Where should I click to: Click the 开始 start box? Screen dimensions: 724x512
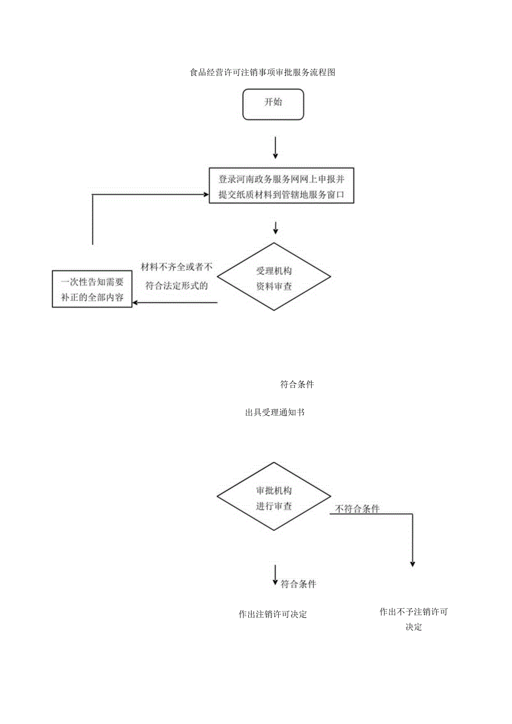pos(273,103)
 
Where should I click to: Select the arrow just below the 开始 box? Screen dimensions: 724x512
pos(275,148)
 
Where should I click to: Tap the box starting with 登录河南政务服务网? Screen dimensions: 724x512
pos(281,186)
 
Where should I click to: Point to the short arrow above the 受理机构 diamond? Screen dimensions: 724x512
pos(275,228)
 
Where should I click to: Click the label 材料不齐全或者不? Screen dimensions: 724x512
pos(176,267)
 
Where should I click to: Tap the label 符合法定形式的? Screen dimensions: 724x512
pos(176,286)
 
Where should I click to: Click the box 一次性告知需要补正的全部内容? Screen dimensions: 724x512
pos(92,289)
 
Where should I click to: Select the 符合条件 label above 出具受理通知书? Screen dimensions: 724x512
pos(297,384)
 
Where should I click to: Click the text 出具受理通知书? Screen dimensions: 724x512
pos(274,413)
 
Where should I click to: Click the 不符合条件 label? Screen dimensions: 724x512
pos(357,509)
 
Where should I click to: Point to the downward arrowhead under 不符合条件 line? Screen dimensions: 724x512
pos(412,563)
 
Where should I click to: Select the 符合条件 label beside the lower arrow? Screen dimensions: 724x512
pos(298,584)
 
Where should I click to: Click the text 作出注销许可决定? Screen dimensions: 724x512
pos(273,614)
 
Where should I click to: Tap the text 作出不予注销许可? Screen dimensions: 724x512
pos(413,612)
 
